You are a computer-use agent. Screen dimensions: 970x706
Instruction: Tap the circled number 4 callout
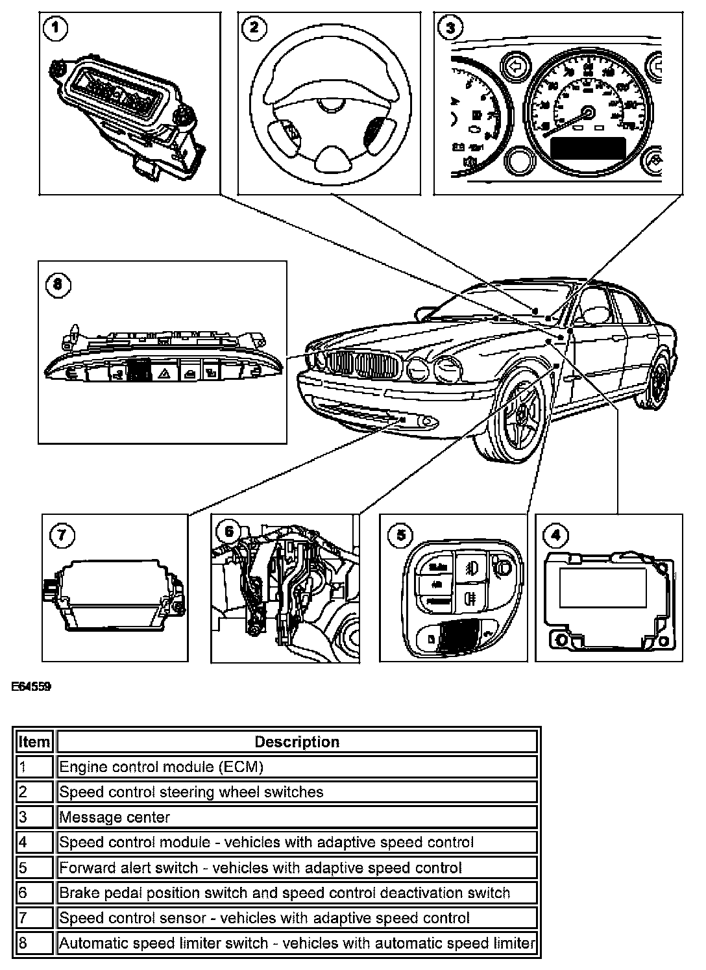[x=555, y=534]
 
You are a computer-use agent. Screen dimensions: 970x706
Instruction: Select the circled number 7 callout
[x=62, y=535]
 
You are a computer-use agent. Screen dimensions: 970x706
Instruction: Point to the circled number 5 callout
[x=400, y=534]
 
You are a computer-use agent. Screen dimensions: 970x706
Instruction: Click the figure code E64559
[x=31, y=686]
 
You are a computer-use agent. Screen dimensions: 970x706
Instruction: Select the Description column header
[x=297, y=741]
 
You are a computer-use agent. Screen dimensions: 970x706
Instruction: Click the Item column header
[x=34, y=741]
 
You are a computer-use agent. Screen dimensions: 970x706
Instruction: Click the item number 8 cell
[x=34, y=943]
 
